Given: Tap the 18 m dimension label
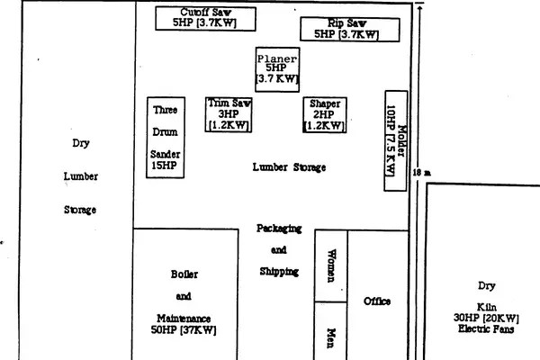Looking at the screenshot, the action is tap(422, 173).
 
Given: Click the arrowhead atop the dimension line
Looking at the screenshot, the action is tap(419, 7).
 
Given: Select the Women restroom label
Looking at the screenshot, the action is tap(331, 265).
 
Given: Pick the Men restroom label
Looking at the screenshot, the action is tap(331, 338).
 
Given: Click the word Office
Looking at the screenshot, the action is tap(377, 301).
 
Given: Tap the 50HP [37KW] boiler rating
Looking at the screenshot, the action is tap(184, 330).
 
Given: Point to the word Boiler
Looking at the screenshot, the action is tap(184, 274).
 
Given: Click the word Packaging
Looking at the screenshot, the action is tap(279, 229).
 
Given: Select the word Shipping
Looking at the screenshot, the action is tap(279, 272).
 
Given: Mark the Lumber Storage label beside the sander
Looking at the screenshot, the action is tap(289, 167).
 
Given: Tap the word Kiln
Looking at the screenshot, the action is tap(487, 307).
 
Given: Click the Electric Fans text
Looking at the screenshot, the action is tap(486, 329).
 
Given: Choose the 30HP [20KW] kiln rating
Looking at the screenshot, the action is tap(486, 318).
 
